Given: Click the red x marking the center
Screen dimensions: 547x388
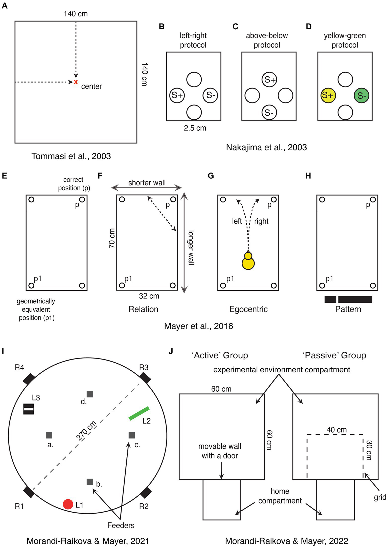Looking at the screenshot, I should [76, 82].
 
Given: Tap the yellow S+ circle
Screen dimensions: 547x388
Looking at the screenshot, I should [328, 96].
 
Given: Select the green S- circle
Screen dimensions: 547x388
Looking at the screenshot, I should [361, 96].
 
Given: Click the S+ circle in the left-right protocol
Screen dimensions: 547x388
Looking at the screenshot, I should [177, 95].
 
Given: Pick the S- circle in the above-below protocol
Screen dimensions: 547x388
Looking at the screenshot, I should [269, 113].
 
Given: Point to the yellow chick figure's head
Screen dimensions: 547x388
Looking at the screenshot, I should [248, 256].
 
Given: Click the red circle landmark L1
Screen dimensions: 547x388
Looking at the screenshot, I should [68, 504].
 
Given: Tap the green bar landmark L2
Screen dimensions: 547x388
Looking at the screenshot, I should [139, 413].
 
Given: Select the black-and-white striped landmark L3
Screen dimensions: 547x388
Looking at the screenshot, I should [29, 409].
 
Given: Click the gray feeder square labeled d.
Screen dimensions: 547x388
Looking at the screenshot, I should [90, 394].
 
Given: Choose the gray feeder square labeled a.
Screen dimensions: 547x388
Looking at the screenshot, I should [49, 435].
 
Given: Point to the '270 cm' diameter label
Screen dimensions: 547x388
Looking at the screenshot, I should [86, 430].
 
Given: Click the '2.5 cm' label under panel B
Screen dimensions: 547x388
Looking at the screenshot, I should [195, 128].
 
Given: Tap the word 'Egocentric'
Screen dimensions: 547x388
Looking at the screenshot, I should [248, 309].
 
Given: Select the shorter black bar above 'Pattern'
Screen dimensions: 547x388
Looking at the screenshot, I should [330, 299].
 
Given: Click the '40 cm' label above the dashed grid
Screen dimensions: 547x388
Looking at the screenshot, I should [336, 430].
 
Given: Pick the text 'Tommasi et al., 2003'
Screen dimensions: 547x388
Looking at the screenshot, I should [71, 156].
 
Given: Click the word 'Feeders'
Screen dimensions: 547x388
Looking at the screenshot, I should [121, 525].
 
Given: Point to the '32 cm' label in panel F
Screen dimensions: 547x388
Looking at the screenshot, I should [149, 296].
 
